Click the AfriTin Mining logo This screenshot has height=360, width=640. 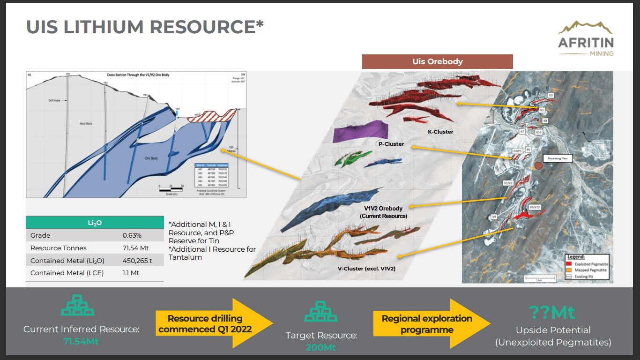coord(586,39)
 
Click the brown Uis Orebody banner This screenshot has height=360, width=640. coord(437,61)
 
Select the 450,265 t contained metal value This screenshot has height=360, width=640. coord(137,261)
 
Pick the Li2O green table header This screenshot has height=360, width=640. coord(95,223)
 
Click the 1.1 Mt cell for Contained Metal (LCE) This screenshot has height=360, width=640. coord(131,273)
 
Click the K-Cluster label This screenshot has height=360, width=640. coord(440,132)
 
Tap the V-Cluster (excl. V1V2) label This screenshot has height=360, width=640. coord(367,269)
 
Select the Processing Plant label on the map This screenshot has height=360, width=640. coord(558,158)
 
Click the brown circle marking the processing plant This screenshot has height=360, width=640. coord(538,165)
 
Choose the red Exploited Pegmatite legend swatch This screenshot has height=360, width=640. coord(569,264)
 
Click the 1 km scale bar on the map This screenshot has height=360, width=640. coord(539,278)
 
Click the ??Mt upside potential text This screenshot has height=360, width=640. coord(552,312)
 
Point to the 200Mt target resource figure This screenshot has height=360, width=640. coord(321,347)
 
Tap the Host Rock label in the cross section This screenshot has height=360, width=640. coord(86,124)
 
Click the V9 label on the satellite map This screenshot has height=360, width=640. coord(494,217)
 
